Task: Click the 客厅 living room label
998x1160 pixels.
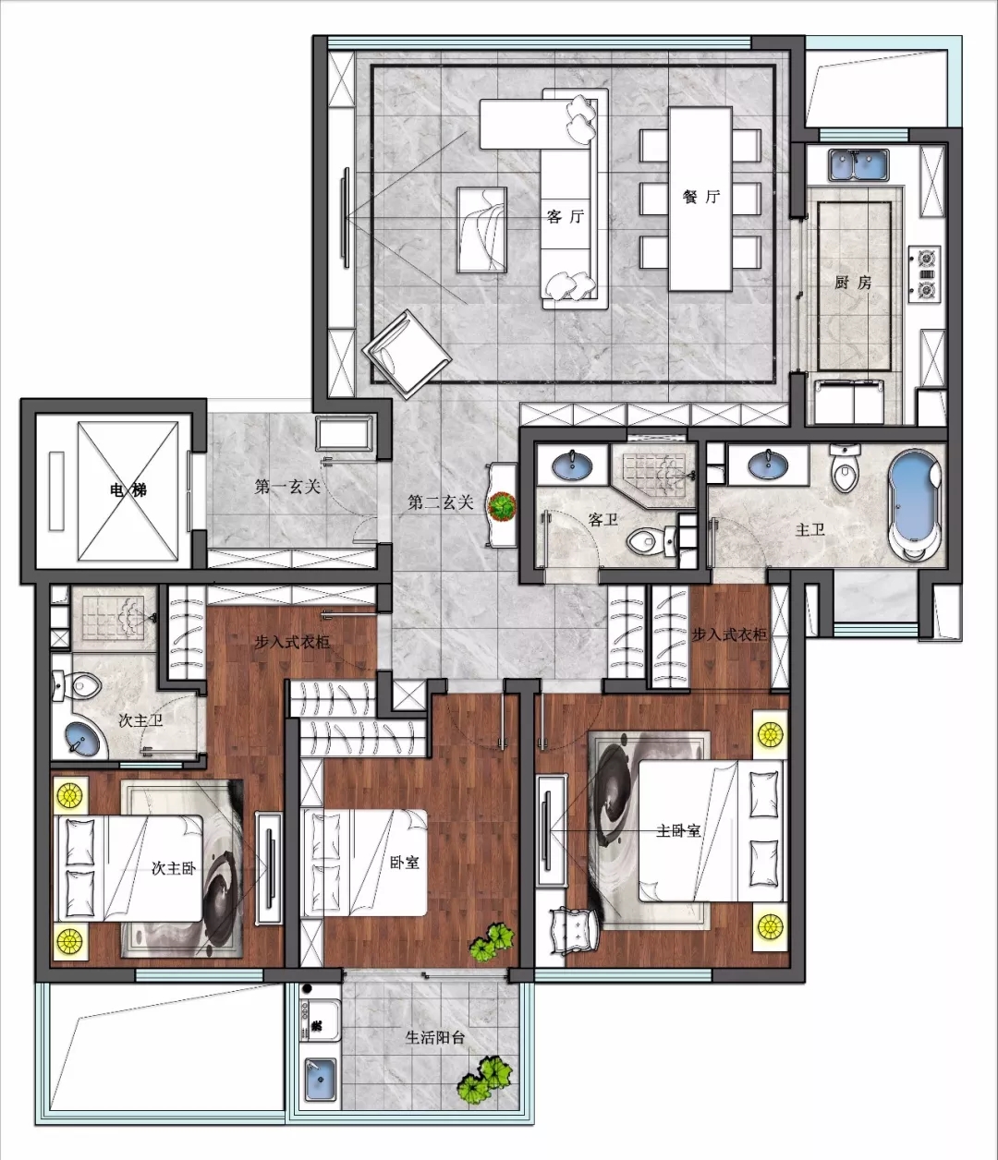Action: [566, 216]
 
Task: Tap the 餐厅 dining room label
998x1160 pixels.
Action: [701, 197]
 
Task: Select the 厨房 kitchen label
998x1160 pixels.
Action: [853, 283]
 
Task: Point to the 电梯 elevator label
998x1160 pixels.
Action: [128, 489]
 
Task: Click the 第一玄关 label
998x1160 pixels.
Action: [287, 486]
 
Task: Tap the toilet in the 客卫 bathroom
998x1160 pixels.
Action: [651, 541]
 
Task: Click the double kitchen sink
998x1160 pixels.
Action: [858, 165]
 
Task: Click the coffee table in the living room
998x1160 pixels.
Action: [481, 230]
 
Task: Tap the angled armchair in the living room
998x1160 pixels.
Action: [408, 354]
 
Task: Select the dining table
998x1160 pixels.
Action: [700, 199]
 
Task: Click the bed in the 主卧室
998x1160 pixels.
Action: [711, 830]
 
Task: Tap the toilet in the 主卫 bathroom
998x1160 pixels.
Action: [845, 467]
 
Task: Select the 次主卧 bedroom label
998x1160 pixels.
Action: [174, 868]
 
